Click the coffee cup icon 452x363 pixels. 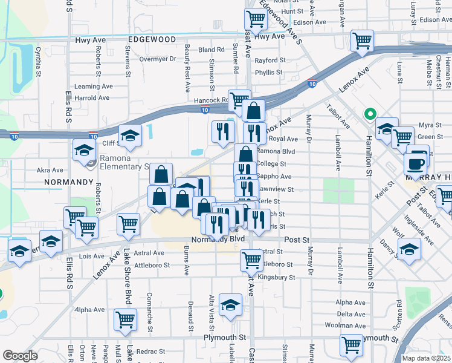[417, 163]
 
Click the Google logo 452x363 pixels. [20, 355]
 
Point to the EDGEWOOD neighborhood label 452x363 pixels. [152, 39]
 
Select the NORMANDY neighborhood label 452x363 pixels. [68, 181]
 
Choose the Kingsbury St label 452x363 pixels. [276, 278]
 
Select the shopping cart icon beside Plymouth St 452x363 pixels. [352, 344]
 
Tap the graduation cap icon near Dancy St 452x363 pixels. [409, 249]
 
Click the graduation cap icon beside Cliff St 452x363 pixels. [129, 136]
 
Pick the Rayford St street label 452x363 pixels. [270, 60]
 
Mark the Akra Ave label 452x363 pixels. [50, 171]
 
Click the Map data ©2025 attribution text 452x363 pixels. [426, 358]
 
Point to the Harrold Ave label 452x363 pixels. [92, 97]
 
